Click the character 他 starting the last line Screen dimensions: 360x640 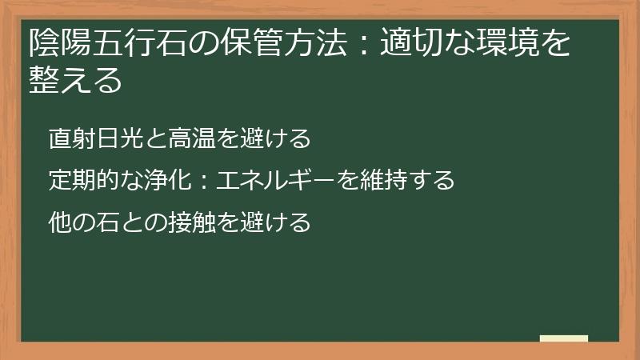pos(58,222)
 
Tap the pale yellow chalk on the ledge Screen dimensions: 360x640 pos(564,338)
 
